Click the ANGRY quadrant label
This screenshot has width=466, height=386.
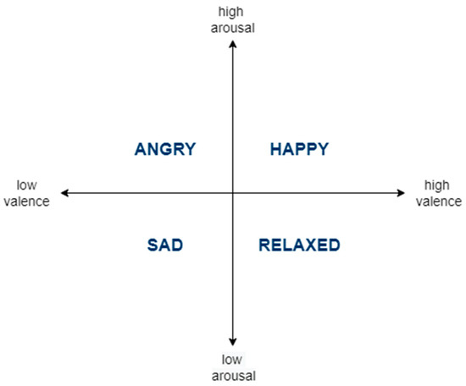coord(165,150)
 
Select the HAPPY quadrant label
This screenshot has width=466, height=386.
coord(299,150)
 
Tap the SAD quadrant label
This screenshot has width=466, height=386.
coord(165,245)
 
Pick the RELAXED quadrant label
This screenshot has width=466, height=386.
coord(299,245)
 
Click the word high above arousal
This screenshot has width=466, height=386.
coord(232,12)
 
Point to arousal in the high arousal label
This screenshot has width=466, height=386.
coord(232,26)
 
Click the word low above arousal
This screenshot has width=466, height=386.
coord(232,359)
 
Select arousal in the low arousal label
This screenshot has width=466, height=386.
coord(232,373)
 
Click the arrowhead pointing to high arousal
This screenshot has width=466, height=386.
coord(233,44)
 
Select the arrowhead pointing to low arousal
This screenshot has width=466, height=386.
coord(233,341)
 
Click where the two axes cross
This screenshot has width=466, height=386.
coord(233,194)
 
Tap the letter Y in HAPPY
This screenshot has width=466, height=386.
coord(322,150)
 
